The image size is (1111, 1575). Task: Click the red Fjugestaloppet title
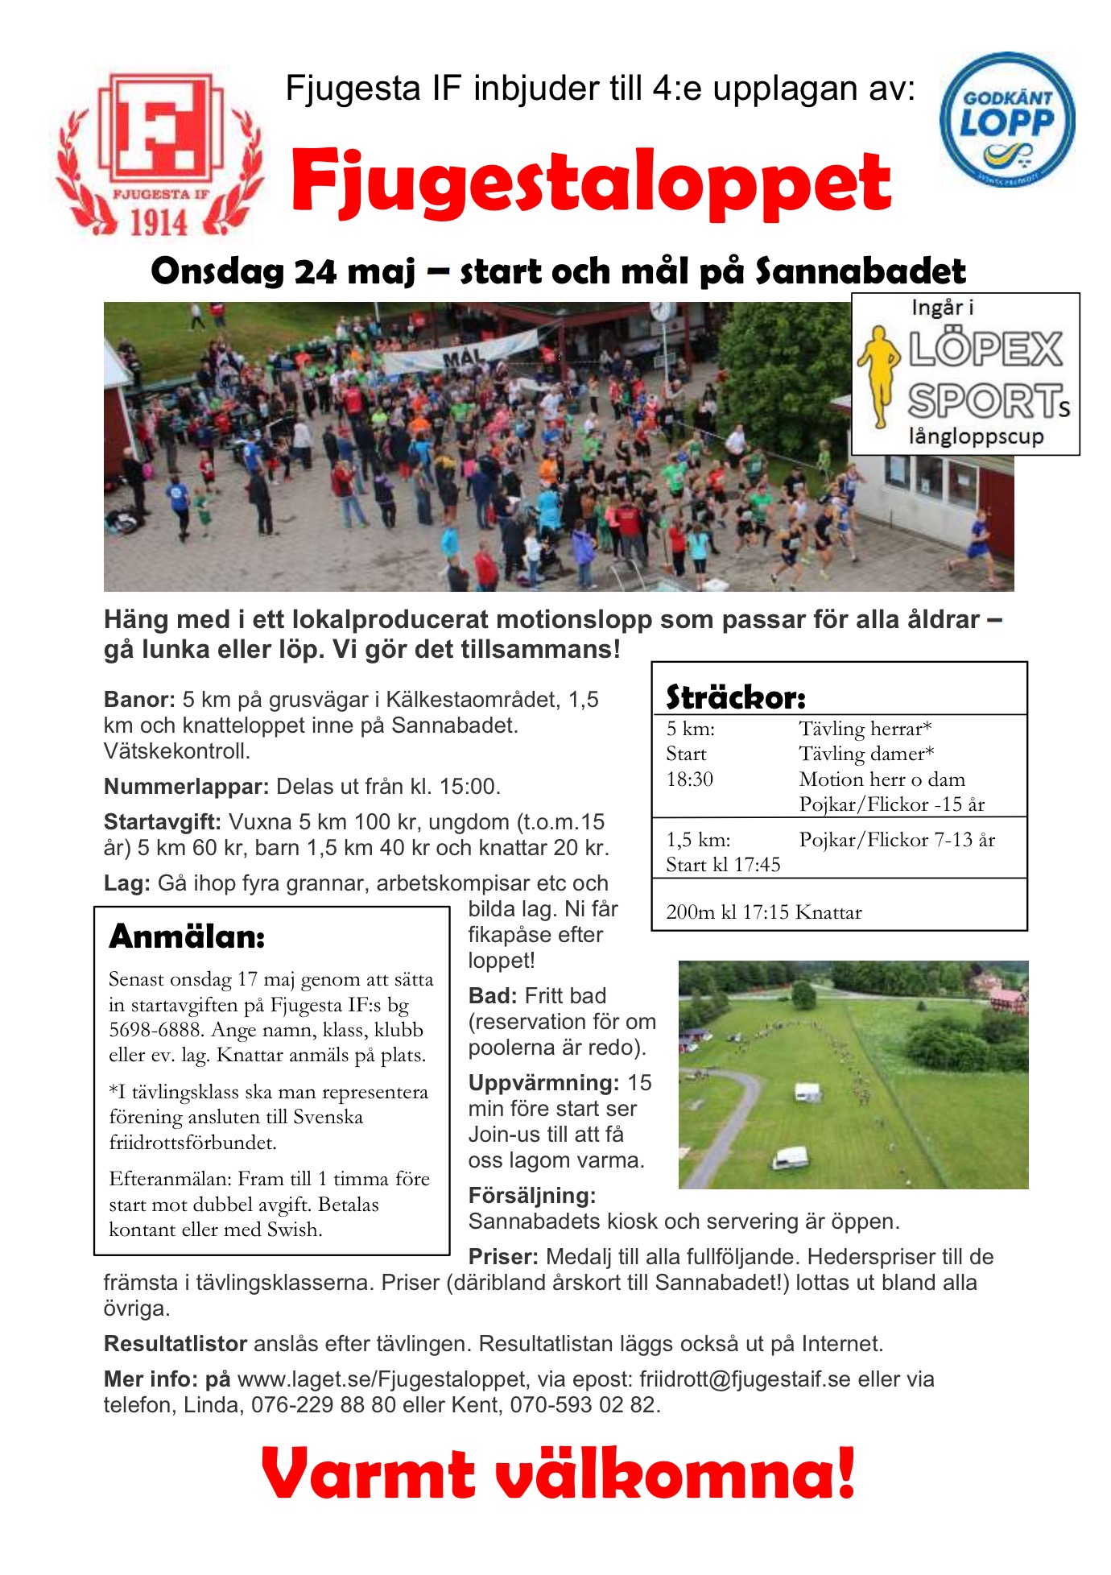tap(590, 183)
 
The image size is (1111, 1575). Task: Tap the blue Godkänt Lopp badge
tap(1006, 121)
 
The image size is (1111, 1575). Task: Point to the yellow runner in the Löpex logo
tap(881, 374)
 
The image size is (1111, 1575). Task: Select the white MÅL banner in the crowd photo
tap(461, 353)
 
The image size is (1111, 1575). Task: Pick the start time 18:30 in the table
tap(689, 779)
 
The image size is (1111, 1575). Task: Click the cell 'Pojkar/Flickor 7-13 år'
tap(897, 840)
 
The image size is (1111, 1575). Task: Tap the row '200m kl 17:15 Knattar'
tap(763, 912)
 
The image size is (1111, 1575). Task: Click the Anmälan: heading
tap(187, 936)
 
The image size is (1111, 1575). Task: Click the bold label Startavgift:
tap(163, 822)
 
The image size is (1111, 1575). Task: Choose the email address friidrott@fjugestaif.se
tap(745, 1379)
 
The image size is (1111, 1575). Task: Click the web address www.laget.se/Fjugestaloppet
tap(382, 1379)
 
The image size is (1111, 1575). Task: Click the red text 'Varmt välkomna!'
tap(557, 1474)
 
